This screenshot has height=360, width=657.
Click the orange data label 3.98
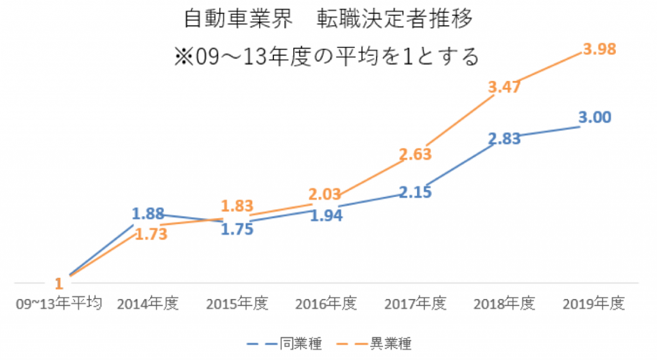(599, 49)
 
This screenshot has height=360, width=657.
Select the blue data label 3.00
(594, 117)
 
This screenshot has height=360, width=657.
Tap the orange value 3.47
(504, 88)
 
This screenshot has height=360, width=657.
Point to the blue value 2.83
(504, 140)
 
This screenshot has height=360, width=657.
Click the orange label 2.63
(415, 155)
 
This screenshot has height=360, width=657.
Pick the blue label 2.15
(415, 191)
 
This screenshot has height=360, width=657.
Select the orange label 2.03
(327, 193)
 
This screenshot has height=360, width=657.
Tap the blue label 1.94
(326, 216)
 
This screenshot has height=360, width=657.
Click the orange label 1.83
(237, 206)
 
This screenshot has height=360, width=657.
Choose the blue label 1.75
(237, 229)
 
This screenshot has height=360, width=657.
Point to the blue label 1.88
(148, 214)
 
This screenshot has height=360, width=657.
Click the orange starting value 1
(58, 283)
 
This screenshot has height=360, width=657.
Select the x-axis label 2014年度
(148, 304)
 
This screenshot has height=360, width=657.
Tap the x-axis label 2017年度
(415, 304)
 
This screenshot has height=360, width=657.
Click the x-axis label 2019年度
(593, 304)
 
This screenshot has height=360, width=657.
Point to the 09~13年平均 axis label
(59, 304)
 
